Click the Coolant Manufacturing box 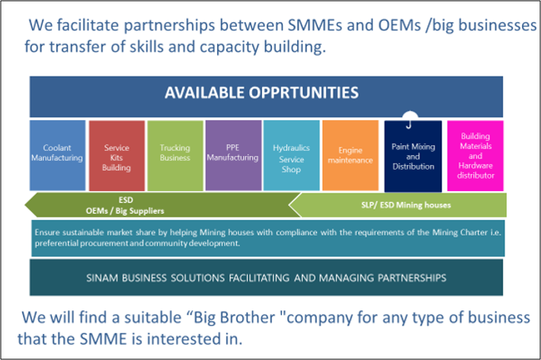point(57,154)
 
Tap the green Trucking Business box point(175,154)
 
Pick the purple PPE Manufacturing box point(233,154)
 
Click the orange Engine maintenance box point(350,154)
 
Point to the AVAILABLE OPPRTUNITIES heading point(262,93)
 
